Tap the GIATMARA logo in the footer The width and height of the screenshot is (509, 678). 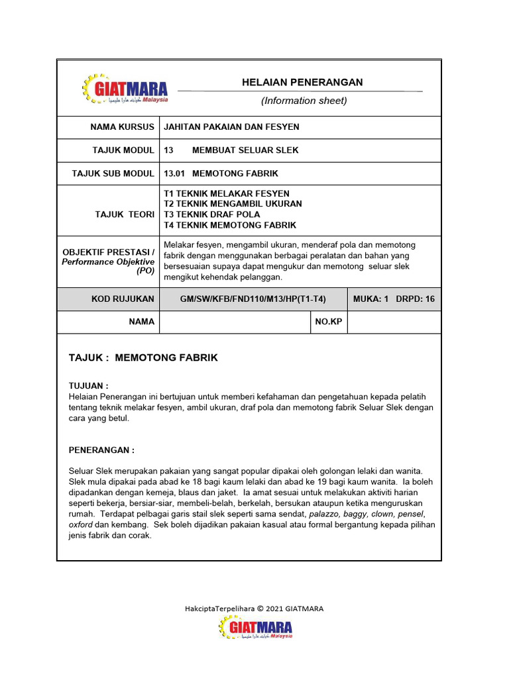256,628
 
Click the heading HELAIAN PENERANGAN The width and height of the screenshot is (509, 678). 302,82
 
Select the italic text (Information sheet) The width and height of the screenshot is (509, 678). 304,101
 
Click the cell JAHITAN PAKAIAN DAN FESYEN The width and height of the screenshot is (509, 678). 231,126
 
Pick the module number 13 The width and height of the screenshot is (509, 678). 168,150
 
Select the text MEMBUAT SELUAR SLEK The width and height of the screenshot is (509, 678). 245,150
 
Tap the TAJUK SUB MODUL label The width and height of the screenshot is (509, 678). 113,173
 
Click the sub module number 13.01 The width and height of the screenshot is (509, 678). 173,173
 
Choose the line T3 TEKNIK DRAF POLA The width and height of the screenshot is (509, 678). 212,215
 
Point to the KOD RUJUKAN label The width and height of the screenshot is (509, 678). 123,299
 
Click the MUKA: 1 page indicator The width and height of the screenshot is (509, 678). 370,299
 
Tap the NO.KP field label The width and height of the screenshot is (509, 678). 328,322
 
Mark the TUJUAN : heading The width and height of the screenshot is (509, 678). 88,385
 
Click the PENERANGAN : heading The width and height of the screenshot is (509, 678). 101,450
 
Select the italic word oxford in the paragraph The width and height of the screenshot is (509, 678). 81,524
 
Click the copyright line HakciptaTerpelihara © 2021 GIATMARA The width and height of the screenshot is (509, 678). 254,608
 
